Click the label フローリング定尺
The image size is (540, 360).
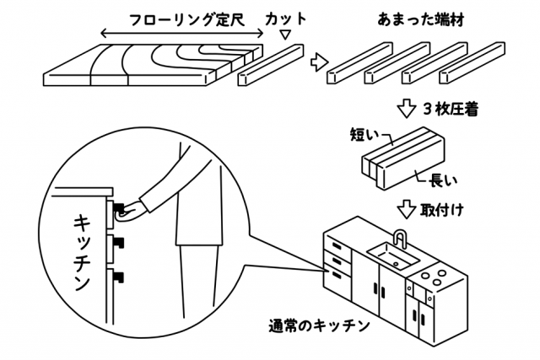[x=186, y=19]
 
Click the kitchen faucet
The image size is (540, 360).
[x=401, y=239]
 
